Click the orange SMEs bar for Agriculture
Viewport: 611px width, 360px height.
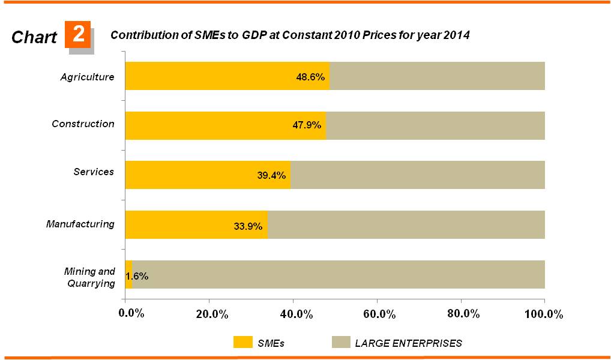coord(210,76)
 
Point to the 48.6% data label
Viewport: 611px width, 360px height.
coord(310,77)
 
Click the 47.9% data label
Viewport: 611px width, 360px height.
coord(307,125)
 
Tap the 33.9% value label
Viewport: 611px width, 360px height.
coord(248,226)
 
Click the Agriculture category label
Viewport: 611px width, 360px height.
coord(87,77)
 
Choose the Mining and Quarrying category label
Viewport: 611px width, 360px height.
coord(89,277)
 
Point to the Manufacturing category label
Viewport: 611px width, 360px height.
coord(80,224)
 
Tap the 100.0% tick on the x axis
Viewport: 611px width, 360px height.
coord(543,314)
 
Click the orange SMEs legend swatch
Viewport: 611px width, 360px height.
coord(242,343)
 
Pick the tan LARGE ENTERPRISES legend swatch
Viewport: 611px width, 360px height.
coord(340,343)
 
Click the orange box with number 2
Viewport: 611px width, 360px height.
coord(78,35)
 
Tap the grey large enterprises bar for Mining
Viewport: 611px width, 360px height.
coord(336,274)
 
